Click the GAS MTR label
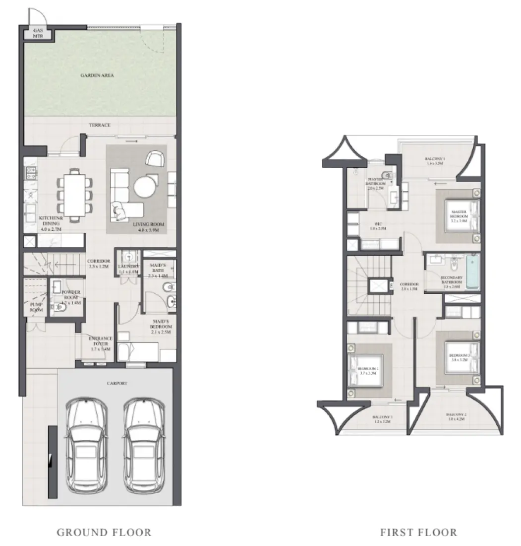click(38, 33)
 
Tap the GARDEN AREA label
click(98, 76)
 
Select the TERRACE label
click(100, 125)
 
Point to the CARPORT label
click(117, 384)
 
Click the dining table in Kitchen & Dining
click(75, 194)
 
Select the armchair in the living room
click(156, 159)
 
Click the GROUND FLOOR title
click(104, 533)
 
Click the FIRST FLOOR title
click(418, 533)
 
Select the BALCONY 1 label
click(435, 160)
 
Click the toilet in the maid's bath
click(169, 286)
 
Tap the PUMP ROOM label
click(36, 307)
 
